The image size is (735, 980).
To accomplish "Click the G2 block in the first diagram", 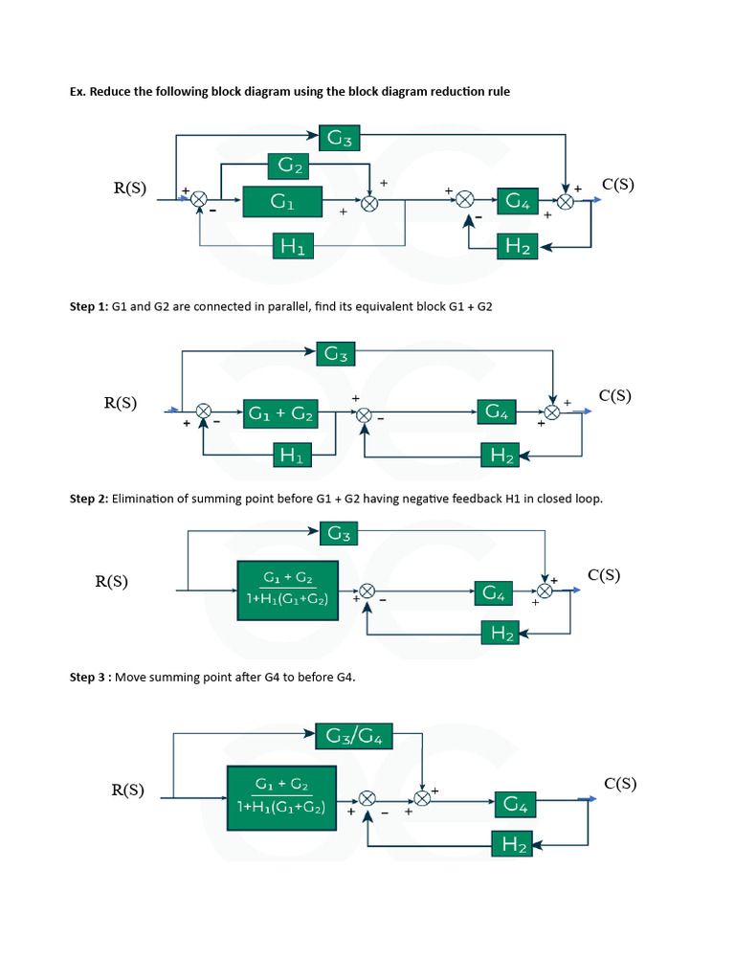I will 292,167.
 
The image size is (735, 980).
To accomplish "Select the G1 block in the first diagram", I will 282,202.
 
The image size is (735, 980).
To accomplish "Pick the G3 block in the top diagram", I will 341,138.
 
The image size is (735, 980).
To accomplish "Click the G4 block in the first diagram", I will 518,201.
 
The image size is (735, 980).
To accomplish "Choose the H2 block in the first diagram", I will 518,246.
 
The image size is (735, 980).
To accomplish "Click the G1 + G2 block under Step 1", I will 281,413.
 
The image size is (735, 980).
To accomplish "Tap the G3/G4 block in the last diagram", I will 354,737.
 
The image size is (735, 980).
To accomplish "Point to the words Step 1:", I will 89,307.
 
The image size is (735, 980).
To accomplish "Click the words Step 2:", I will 89,499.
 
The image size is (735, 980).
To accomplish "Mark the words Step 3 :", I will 90,677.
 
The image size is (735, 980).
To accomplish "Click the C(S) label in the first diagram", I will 617,186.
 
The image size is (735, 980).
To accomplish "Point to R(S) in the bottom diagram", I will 128,791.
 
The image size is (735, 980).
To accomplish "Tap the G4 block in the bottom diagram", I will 515,805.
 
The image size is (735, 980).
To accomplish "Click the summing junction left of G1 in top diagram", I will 199,199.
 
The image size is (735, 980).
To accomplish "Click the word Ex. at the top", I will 78,92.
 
